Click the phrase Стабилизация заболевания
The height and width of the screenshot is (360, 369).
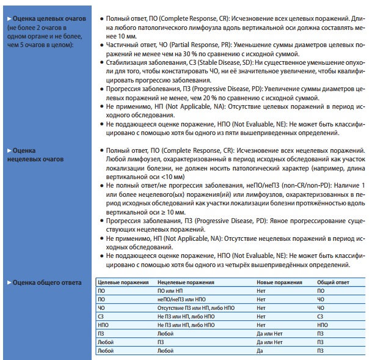[143, 62]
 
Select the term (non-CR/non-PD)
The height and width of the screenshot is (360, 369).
[292, 184]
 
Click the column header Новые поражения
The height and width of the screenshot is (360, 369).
[280, 283]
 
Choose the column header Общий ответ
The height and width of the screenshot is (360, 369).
[333, 283]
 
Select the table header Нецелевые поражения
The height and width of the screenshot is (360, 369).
[186, 283]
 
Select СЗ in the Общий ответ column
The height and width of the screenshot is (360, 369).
[321, 317]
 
